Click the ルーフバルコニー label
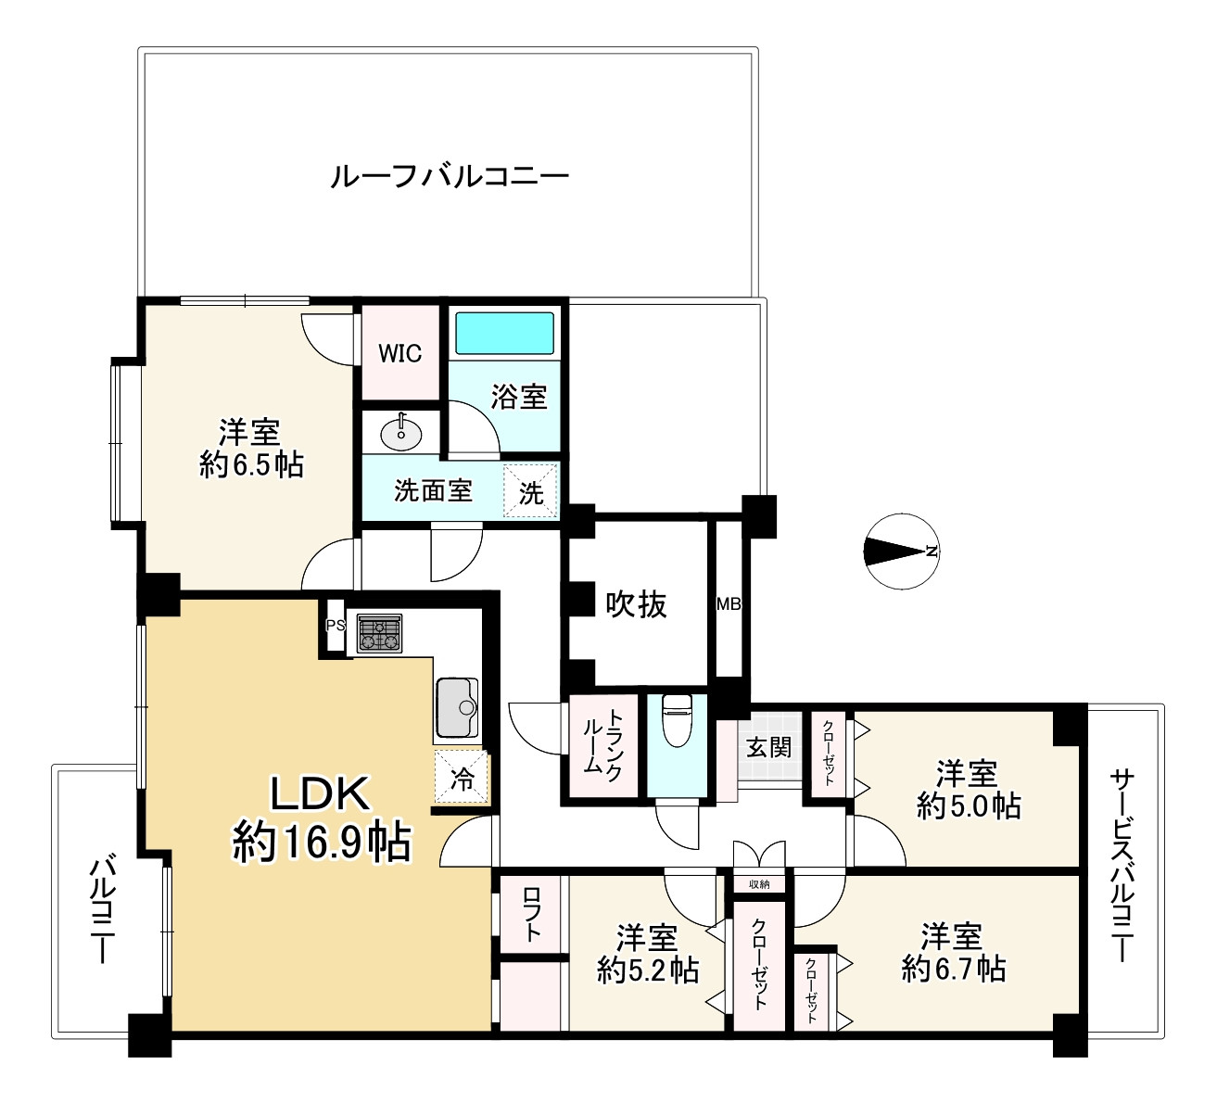(450, 178)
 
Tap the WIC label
(399, 353)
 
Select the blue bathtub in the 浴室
(504, 333)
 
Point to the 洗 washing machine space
(529, 491)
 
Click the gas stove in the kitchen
(379, 633)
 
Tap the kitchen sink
(458, 707)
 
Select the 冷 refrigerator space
(461, 777)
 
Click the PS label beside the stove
(335, 625)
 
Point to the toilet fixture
(677, 720)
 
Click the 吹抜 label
(637, 604)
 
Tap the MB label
(729, 604)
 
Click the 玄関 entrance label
(768, 747)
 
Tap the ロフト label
(532, 914)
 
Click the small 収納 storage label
(759, 884)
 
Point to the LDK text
(320, 794)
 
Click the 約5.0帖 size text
(969, 806)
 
